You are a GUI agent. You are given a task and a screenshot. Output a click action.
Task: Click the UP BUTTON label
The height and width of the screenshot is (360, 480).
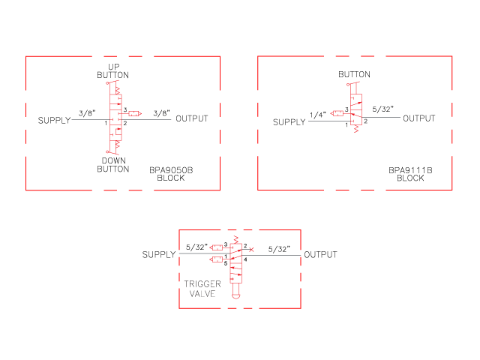click(113, 71)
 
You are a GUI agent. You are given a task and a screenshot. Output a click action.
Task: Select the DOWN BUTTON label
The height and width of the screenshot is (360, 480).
click(113, 165)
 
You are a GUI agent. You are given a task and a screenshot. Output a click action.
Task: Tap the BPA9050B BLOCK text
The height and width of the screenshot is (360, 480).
click(171, 174)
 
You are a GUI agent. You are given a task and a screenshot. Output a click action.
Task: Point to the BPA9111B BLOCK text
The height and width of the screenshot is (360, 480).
click(410, 174)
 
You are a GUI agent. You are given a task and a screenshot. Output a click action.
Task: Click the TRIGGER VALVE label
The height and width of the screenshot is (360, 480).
click(202, 289)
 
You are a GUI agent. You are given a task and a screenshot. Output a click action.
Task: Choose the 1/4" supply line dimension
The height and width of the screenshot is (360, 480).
click(318, 115)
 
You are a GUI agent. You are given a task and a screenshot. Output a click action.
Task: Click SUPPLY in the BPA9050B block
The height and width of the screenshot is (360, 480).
click(54, 120)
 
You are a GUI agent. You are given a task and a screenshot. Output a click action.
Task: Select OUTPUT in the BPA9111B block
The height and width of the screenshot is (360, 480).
click(419, 118)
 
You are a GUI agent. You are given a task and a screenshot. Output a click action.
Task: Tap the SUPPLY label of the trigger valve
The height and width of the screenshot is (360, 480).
click(159, 255)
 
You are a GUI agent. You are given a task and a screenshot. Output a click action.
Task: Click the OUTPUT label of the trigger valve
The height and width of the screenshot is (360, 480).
click(320, 255)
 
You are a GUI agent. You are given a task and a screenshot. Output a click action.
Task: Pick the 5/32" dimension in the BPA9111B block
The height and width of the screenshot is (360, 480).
click(382, 109)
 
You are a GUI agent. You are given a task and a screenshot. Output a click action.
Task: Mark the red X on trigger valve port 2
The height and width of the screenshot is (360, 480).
click(251, 250)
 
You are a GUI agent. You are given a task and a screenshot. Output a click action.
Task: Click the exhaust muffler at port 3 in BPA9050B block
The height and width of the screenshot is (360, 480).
click(135, 113)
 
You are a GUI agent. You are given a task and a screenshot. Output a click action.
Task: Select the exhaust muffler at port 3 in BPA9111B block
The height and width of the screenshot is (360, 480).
click(337, 113)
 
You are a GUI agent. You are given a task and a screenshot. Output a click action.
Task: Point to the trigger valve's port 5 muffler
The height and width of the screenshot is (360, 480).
click(216, 259)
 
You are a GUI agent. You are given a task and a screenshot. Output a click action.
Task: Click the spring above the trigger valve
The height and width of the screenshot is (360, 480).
click(235, 239)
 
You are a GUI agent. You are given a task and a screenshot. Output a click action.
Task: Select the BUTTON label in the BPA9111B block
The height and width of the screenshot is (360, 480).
click(354, 74)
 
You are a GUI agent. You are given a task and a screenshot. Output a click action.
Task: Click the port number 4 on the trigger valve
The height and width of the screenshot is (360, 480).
click(245, 259)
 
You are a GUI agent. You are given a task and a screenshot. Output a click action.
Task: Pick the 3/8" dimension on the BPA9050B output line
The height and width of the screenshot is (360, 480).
click(162, 113)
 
